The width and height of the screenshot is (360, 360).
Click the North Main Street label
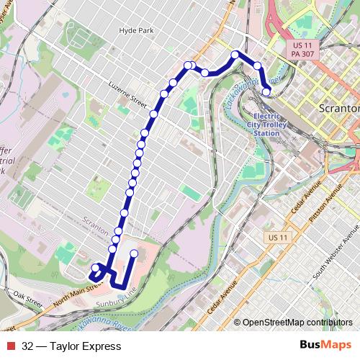[x=72, y=293]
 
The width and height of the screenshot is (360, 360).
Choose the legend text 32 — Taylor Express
[x=71, y=346]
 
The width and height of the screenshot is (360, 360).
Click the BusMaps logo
[x=325, y=346]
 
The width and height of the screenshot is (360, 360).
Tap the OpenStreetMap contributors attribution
[x=297, y=323]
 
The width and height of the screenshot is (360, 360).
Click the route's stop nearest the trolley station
[x=266, y=91]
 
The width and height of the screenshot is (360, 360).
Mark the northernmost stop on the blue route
[x=235, y=55]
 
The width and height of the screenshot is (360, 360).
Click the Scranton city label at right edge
[x=338, y=108]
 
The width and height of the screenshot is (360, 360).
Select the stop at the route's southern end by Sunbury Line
[x=134, y=253]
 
